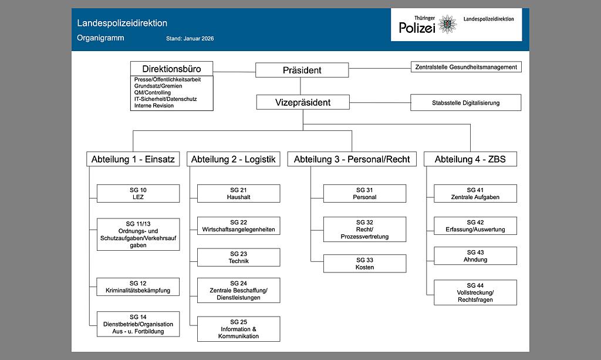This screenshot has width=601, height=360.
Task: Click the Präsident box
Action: (302, 70)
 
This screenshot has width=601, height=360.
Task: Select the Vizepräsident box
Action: (303, 102)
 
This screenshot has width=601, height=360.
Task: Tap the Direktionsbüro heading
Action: (172, 69)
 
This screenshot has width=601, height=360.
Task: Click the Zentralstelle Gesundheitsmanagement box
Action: (466, 67)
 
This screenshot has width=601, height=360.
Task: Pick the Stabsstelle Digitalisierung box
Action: (465, 103)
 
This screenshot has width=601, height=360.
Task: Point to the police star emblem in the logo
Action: (447, 24)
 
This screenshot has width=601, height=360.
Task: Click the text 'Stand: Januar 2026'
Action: (190, 38)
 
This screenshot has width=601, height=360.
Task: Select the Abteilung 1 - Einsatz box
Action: (133, 159)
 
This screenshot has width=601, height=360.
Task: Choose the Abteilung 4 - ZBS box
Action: (470, 159)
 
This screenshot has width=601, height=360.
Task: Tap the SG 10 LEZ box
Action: (138, 194)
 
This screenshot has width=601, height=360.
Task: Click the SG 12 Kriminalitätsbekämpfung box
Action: (138, 287)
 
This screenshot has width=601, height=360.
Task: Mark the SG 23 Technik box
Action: (239, 257)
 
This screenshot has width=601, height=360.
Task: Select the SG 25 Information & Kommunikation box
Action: (239, 329)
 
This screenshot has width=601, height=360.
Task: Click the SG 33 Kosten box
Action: (364, 263)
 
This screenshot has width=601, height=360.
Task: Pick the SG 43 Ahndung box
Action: (475, 255)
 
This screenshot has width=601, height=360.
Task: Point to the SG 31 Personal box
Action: (364, 194)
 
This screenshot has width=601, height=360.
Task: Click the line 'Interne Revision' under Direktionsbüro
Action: (154, 106)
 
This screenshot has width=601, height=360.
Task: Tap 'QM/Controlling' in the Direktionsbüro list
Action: (152, 93)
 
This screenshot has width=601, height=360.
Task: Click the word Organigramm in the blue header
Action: (100, 38)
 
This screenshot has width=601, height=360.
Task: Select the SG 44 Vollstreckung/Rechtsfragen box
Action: (475, 292)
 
